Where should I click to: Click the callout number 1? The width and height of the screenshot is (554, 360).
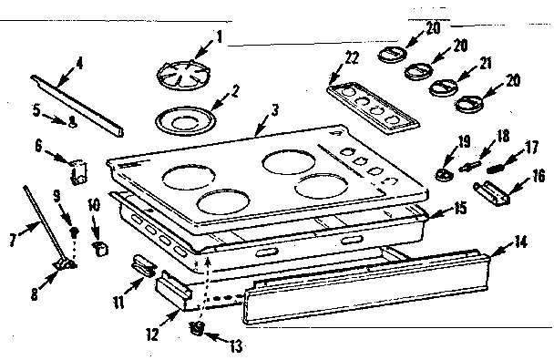[x=218, y=39]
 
